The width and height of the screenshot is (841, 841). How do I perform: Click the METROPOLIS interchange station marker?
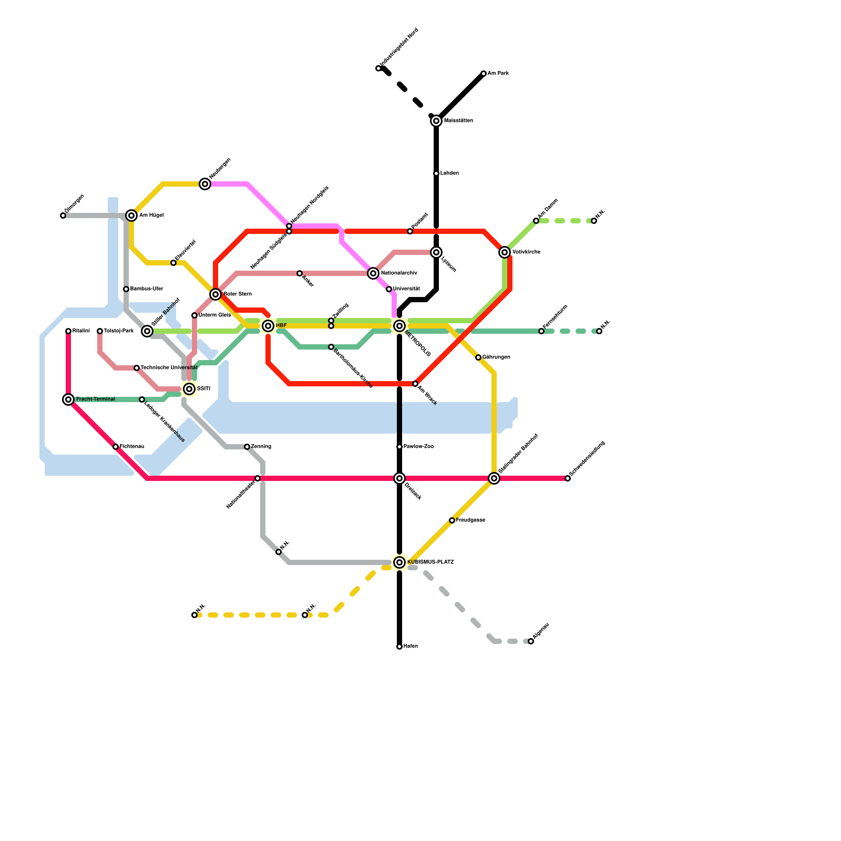(399, 326)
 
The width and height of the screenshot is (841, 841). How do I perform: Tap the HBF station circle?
(268, 326)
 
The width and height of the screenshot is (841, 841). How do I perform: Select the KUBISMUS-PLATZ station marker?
(399, 562)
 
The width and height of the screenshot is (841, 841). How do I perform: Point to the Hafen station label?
(411, 647)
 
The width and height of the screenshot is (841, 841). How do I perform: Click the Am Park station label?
(498, 74)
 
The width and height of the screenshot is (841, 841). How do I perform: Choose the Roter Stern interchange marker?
(216, 294)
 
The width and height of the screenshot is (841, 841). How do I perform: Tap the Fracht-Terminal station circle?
(68, 399)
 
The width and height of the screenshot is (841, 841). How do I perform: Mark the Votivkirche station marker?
(505, 252)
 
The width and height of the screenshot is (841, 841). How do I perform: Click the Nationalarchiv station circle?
(373, 273)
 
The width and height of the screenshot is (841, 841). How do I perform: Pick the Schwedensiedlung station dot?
(568, 478)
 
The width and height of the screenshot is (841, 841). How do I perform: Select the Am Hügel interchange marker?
(131, 216)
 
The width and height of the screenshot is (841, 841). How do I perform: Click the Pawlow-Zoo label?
(418, 447)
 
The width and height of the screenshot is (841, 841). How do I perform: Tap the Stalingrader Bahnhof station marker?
(494, 478)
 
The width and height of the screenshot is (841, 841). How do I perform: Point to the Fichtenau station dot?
(116, 447)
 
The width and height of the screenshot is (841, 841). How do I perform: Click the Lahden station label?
(449, 173)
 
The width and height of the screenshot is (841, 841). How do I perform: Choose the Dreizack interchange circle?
(399, 478)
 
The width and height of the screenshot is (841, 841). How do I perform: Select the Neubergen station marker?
(205, 184)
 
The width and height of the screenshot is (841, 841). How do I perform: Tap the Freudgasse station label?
(470, 520)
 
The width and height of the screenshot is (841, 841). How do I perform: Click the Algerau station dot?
(531, 641)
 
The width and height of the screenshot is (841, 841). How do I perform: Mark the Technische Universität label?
(169, 368)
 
